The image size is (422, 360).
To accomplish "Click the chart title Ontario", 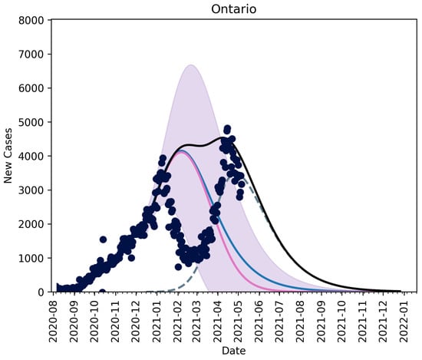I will [x=235, y=8].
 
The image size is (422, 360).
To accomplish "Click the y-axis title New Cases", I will [x=9, y=156].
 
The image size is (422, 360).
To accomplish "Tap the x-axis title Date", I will [x=235, y=350].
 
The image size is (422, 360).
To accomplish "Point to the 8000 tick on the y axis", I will [x=35, y=20].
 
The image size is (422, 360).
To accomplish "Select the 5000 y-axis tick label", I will [x=35, y=122].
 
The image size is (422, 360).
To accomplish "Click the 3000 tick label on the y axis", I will [x=35, y=190].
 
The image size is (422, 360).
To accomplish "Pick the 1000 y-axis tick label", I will [x=35, y=258].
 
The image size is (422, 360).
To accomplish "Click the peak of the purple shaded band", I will [x=191, y=66].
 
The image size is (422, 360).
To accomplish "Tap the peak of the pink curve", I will [x=181, y=152].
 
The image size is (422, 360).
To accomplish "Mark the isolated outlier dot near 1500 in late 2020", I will [x=103, y=239].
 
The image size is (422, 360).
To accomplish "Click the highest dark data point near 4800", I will [x=227, y=128].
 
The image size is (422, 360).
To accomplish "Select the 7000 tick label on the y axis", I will [x=35, y=54].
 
